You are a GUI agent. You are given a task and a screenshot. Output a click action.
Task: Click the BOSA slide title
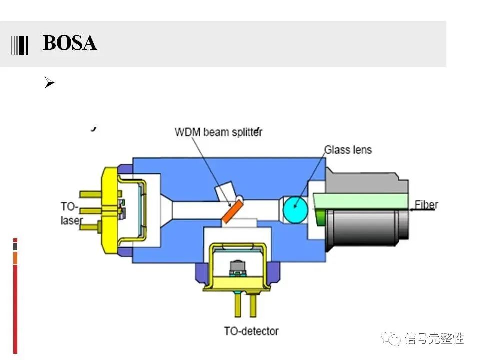coord(70,44)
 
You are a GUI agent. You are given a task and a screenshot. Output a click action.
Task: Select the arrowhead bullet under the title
coord(49,83)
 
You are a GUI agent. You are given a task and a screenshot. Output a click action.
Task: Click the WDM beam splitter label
coord(218,132)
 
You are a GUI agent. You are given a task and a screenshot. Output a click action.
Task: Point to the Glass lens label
coord(348,149)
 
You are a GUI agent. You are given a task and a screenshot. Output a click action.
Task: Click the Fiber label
coord(426,205)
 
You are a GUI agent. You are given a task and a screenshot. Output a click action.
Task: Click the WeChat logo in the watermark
coord(391,338)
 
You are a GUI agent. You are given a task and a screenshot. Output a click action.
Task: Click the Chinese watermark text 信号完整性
coord(434,338)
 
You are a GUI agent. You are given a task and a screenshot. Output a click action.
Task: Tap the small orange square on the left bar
coord(15,258)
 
